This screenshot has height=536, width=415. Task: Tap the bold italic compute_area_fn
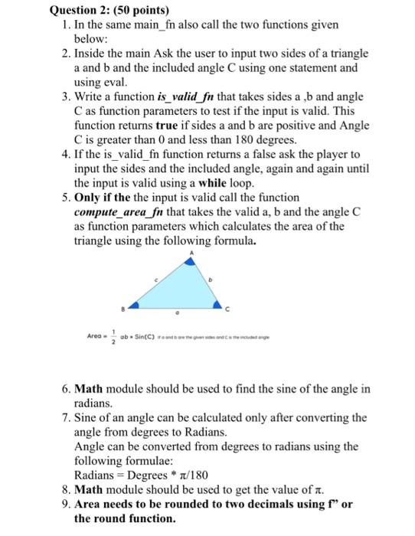click(x=116, y=211)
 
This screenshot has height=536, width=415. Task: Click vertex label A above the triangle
click(x=193, y=252)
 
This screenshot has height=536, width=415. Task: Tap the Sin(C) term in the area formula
click(x=144, y=339)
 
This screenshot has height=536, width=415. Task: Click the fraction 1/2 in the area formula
click(x=113, y=339)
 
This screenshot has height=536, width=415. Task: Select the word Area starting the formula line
click(x=95, y=339)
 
